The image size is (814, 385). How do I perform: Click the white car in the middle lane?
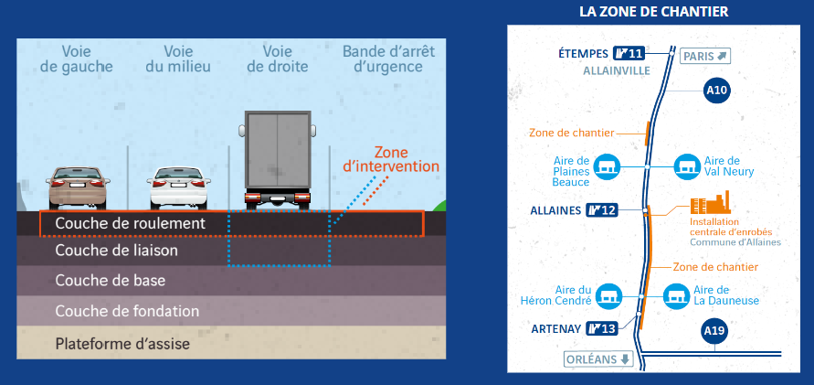[x=178, y=187]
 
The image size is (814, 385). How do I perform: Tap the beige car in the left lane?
[x=78, y=187]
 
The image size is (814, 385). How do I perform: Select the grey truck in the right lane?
[x=278, y=159]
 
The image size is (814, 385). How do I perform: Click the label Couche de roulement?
[x=131, y=223]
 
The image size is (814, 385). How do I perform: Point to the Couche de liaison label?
[x=117, y=251]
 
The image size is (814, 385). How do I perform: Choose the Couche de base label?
[x=111, y=281]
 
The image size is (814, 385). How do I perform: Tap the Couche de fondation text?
[x=127, y=311]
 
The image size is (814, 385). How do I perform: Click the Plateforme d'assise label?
[x=122, y=344]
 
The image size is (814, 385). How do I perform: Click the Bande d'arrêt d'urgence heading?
[x=389, y=59]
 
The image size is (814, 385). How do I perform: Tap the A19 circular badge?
[x=714, y=330]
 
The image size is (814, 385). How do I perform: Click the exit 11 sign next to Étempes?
[x=629, y=53]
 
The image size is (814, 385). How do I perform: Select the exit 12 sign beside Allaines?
[x=602, y=210]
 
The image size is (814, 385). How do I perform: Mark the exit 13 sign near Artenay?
[x=602, y=328]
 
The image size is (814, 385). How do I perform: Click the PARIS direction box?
[x=705, y=56]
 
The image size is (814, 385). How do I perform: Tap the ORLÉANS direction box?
[x=599, y=359]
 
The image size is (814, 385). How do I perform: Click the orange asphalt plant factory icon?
[x=710, y=202]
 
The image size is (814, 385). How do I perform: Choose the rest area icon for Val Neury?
[x=687, y=166]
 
